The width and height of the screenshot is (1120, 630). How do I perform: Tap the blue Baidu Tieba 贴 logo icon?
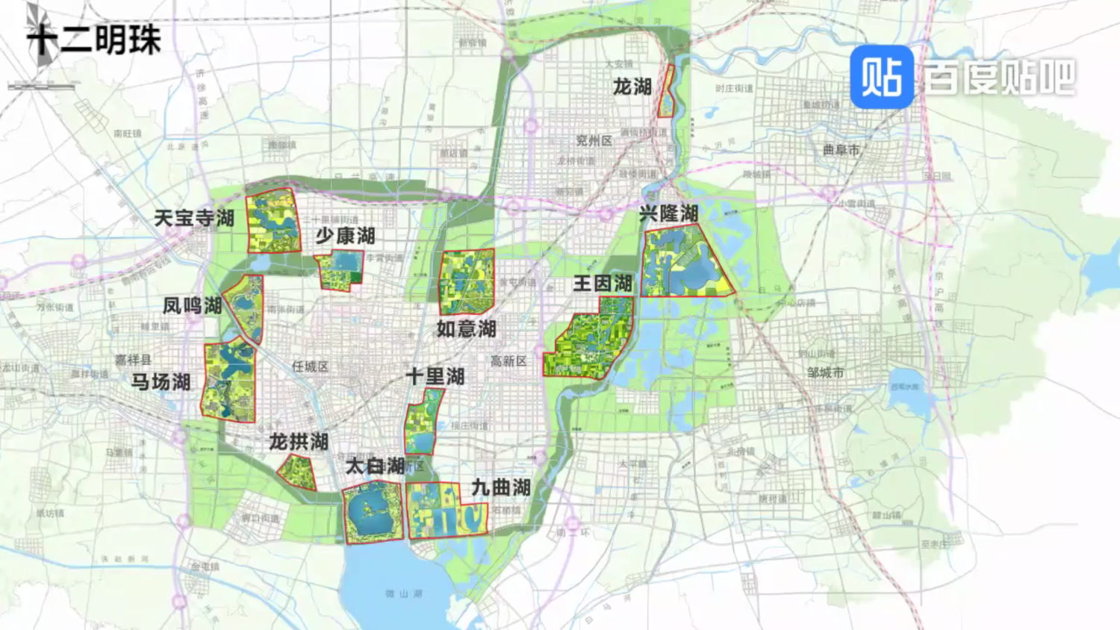pos(882,77)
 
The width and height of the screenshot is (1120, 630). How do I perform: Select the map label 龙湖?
pos(632,87)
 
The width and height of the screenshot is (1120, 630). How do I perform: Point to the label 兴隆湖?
pos(668,213)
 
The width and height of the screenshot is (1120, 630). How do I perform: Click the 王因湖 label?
pos(602,284)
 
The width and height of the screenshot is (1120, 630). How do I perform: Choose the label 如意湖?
pos(466,328)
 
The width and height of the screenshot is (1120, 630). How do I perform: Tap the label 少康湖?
pos(344,236)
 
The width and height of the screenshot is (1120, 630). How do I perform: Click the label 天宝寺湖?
pos(194,218)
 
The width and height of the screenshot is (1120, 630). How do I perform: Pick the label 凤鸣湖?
pos(192,305)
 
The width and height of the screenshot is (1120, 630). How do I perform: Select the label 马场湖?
pos(161,381)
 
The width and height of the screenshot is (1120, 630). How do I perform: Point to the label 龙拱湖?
pos(299,442)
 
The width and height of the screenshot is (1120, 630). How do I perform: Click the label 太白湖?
pos(374,467)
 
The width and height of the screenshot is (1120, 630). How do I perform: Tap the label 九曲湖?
pos(500,487)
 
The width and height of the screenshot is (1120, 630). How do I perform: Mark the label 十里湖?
pos(435,376)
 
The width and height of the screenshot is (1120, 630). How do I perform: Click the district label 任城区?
pos(310,367)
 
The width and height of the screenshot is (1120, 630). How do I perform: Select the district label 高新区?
pos(508,361)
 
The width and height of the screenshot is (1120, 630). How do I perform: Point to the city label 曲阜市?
pos(841,150)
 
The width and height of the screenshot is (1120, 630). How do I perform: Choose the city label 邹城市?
pos(825,372)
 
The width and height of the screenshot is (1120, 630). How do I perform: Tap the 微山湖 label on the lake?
pos(403,593)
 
